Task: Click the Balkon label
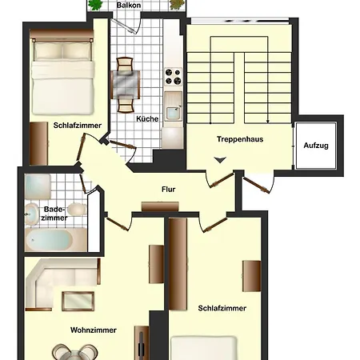pyautogui.click(x=129, y=5)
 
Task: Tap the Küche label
pyautogui.click(x=147, y=118)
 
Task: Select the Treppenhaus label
pyautogui.click(x=240, y=139)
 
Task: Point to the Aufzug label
pyautogui.click(x=316, y=146)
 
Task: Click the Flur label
pyautogui.click(x=169, y=190)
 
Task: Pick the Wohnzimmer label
pyautogui.click(x=94, y=330)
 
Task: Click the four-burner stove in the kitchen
pyautogui.click(x=174, y=77)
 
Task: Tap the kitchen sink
pyautogui.click(x=173, y=106)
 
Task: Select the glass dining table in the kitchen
pyautogui.click(x=126, y=85)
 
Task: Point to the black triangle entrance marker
pyautogui.click(x=220, y=160)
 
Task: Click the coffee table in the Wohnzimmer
pyautogui.click(x=78, y=302)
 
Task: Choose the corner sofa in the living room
pyautogui.click(x=62, y=284)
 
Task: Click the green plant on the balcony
pyautogui.click(x=95, y=5)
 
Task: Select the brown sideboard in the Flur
pyautogui.click(x=160, y=206)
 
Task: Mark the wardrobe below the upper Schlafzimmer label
pyautogui.click(x=39, y=143)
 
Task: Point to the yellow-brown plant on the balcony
pyautogui.click(x=177, y=5)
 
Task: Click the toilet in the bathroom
pyautogui.click(x=32, y=214)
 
